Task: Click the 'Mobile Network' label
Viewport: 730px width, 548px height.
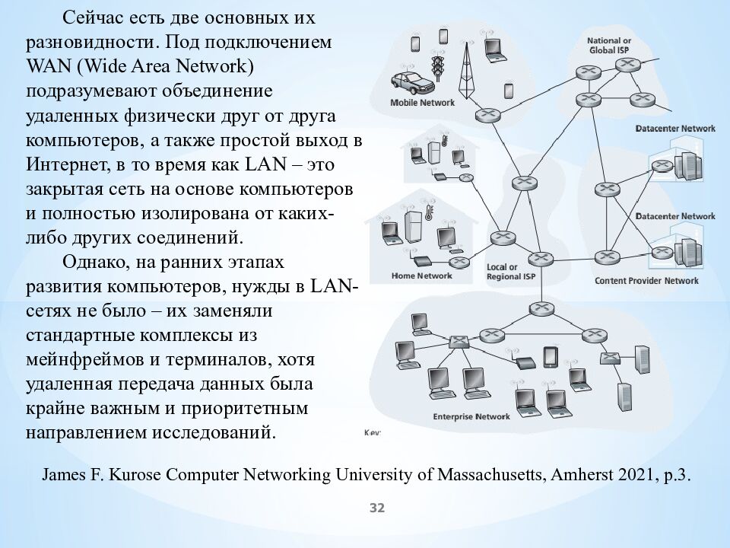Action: tap(422, 102)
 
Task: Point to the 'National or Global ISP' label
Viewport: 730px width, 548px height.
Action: tap(609, 44)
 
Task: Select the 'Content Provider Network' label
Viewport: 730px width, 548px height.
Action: tap(646, 281)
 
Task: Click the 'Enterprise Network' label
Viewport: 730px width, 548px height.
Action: tap(471, 416)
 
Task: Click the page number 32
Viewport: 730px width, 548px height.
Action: tap(377, 508)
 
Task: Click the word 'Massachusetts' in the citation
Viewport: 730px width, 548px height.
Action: tap(481, 475)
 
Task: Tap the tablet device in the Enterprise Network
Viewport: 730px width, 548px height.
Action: tap(551, 357)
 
